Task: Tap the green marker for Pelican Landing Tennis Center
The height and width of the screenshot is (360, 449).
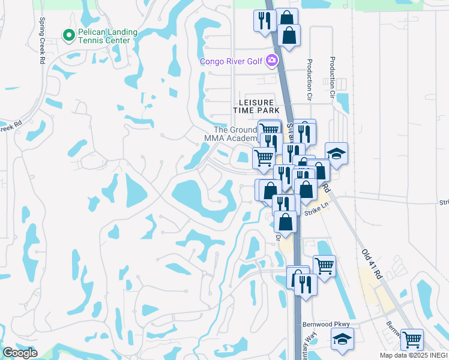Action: (69, 36)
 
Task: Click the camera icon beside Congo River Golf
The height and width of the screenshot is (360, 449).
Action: (272, 60)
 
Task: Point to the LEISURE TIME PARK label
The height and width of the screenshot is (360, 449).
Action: (256, 107)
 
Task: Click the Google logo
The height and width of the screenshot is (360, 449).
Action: (20, 353)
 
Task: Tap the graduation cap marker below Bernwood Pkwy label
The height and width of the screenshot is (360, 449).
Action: (342, 340)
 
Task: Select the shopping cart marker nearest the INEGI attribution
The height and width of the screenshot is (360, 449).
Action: (412, 339)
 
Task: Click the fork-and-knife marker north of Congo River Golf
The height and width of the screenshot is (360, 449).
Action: (263, 20)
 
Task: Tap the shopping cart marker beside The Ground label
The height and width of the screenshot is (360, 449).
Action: (269, 130)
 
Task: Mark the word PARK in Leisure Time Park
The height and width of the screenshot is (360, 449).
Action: (270, 111)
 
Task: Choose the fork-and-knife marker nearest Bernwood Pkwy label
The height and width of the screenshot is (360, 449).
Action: (306, 283)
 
